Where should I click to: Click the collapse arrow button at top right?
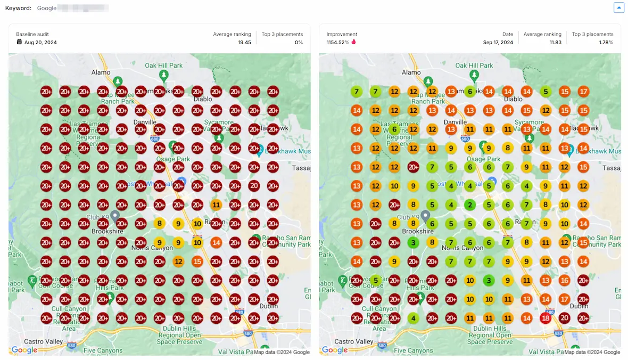(x=618, y=7)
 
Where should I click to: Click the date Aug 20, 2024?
(x=40, y=42)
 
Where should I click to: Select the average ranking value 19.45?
(x=244, y=42)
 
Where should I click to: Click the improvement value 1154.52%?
(x=337, y=42)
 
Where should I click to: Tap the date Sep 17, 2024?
(x=498, y=42)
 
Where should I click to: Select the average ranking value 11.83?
(x=555, y=42)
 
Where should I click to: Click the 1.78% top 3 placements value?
(x=606, y=42)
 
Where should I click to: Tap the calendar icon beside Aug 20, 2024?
(x=19, y=42)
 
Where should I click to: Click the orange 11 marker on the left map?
(x=216, y=204)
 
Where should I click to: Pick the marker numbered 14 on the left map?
(x=216, y=243)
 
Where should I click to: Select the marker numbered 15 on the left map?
(x=197, y=261)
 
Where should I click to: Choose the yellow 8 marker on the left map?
(x=159, y=224)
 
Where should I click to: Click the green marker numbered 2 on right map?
(x=469, y=204)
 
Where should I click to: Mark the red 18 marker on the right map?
(x=546, y=318)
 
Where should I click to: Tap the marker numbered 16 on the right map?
(x=564, y=280)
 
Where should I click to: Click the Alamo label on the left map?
(x=101, y=72)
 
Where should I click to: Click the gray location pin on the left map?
(x=114, y=216)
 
